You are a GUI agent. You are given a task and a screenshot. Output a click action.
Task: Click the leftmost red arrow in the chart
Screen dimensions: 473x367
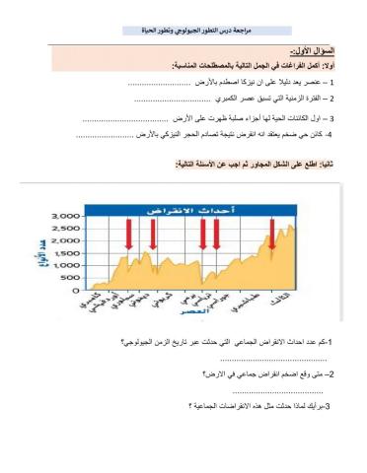tap(129, 234)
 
